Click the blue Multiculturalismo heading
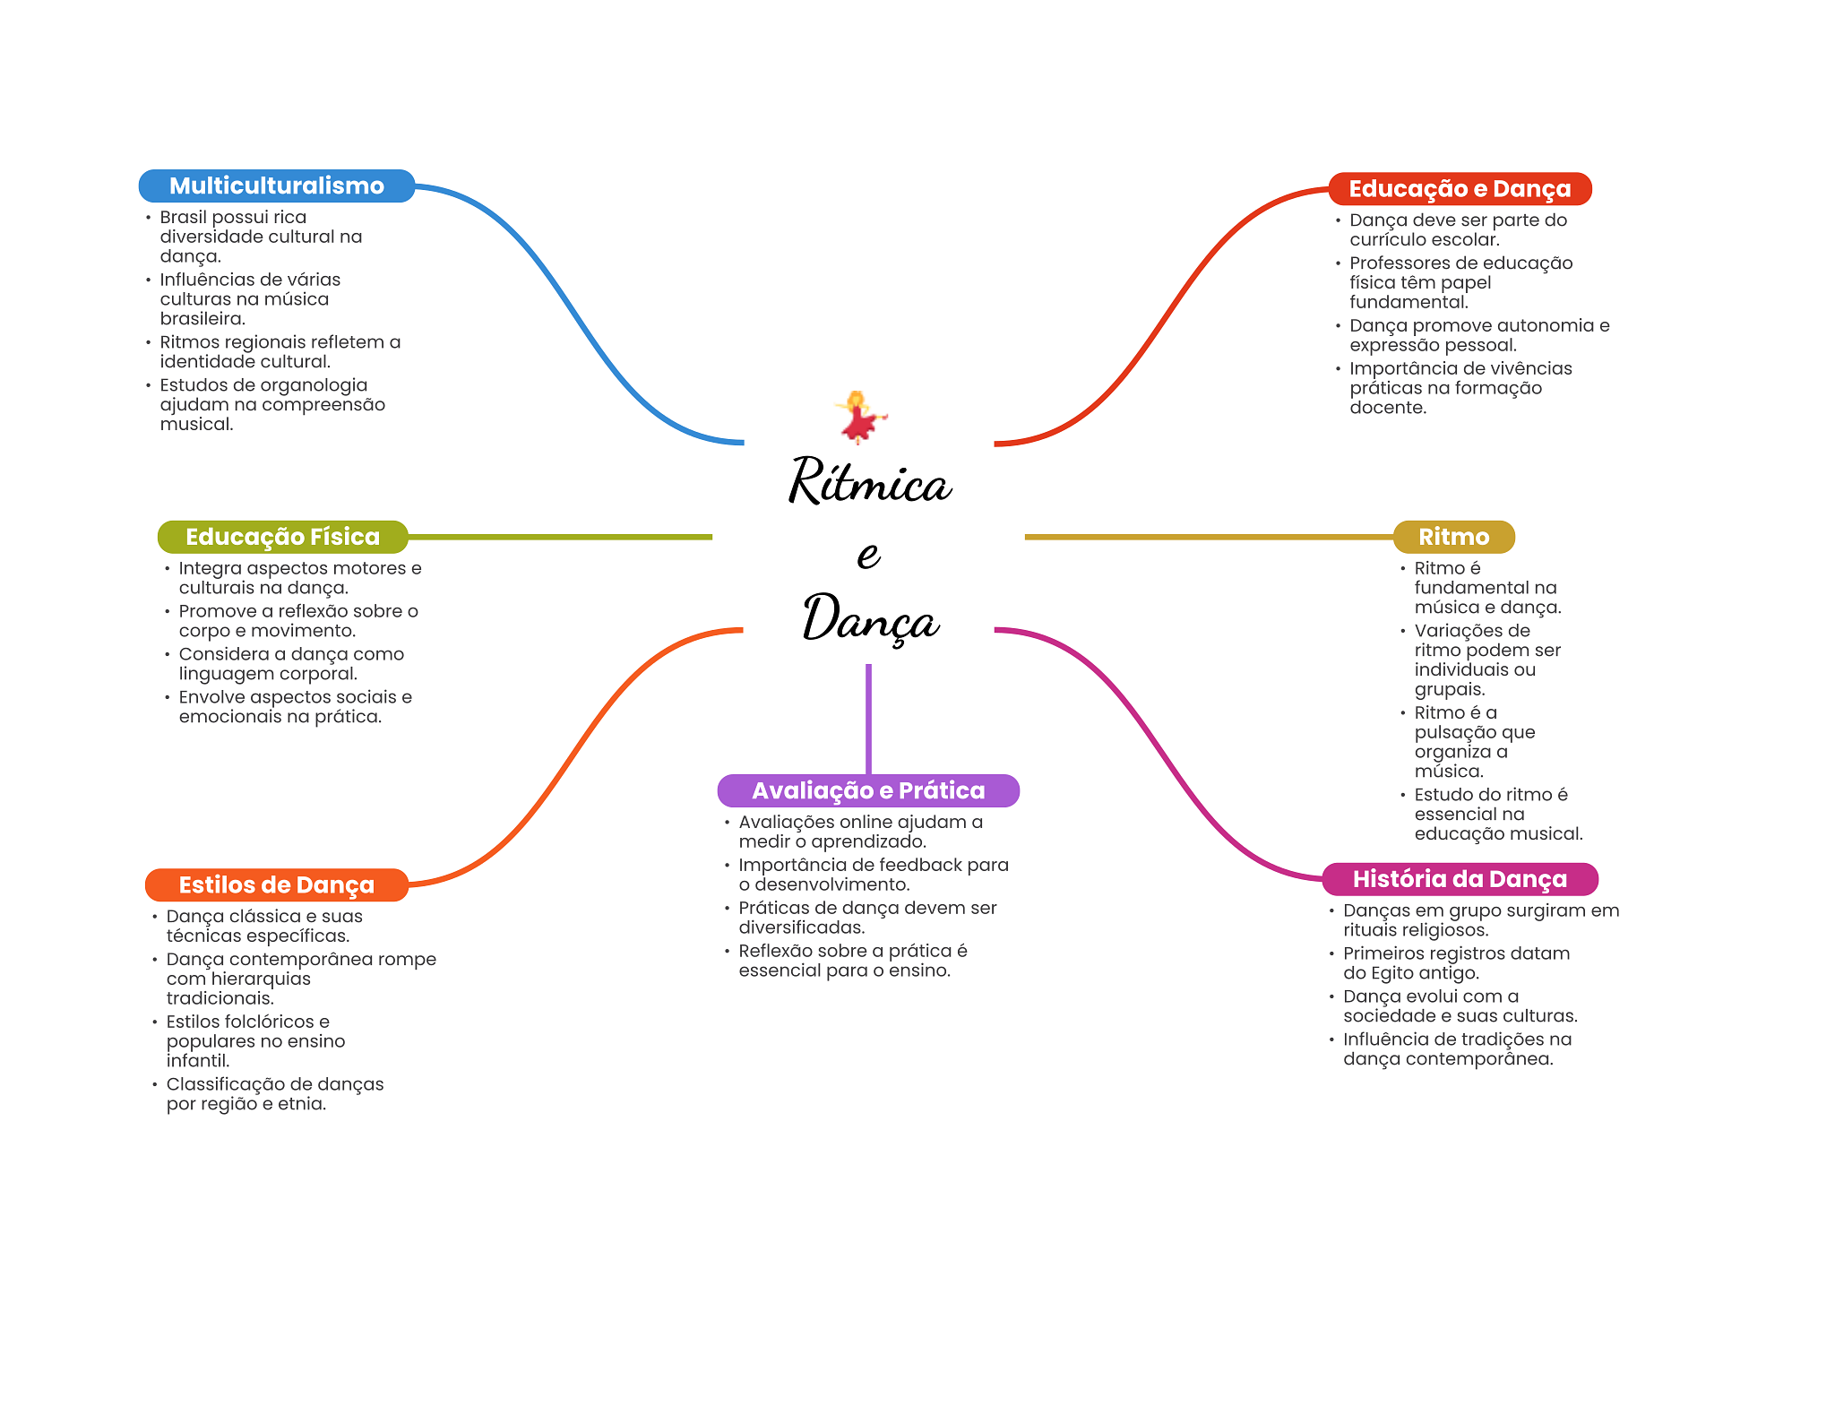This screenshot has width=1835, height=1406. click(277, 185)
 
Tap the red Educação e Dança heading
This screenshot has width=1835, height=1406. click(1460, 188)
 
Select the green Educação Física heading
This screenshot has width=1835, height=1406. click(282, 537)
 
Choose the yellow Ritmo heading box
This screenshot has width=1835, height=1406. click(1453, 537)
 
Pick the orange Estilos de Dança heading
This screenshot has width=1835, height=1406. click(276, 884)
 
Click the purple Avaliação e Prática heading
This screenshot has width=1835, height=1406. click(868, 790)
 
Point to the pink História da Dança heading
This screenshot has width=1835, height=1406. click(1460, 879)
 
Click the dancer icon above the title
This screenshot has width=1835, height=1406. click(860, 417)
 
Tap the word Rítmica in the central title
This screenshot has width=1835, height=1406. click(869, 481)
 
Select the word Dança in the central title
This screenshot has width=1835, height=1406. click(870, 617)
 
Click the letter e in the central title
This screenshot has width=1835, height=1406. click(868, 555)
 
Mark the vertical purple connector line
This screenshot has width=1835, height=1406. click(868, 719)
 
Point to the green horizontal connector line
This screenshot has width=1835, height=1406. click(560, 537)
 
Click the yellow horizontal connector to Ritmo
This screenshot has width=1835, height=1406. click(1209, 537)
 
